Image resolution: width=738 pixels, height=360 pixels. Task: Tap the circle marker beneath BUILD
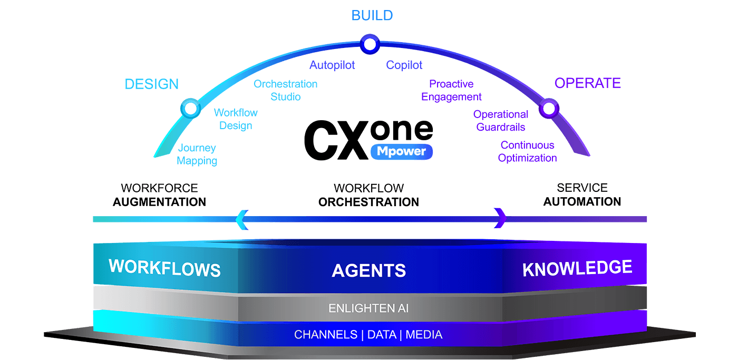click(370, 44)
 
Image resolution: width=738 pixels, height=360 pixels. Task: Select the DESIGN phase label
click(152, 84)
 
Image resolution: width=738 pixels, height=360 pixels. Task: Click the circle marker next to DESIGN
click(190, 109)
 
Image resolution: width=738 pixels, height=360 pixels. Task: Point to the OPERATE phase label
click(587, 83)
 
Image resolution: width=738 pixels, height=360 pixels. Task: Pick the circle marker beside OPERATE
click(549, 109)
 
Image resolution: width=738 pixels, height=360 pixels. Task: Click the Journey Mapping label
click(197, 154)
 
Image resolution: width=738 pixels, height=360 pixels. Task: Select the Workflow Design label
click(236, 119)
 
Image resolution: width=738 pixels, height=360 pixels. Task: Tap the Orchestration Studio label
click(286, 90)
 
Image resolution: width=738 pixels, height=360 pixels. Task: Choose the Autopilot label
click(332, 65)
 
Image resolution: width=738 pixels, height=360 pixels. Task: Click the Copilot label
click(404, 65)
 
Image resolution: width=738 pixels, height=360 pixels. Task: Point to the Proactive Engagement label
click(451, 90)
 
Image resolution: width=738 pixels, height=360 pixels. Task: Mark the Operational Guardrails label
click(501, 120)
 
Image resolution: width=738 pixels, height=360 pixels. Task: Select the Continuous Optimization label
click(527, 151)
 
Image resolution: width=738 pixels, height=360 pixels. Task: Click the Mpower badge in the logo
click(402, 152)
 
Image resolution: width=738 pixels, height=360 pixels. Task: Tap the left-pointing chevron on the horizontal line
click(242, 219)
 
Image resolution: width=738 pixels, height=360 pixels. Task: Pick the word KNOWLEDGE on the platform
click(577, 268)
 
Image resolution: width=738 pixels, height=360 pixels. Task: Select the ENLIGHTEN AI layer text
click(368, 308)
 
